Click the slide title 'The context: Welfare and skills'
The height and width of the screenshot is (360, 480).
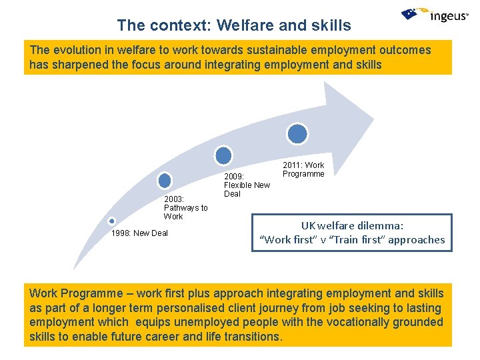tap(233, 25)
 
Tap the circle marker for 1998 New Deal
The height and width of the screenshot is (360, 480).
tap(111, 221)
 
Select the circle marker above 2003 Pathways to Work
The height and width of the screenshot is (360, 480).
tap(165, 180)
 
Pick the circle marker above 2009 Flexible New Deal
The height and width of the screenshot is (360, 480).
tap(224, 155)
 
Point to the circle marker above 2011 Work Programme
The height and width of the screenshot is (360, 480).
tap(297, 134)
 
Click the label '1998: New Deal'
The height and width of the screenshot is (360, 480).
tap(139, 233)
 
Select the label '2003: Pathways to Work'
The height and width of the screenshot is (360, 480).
tap(185, 208)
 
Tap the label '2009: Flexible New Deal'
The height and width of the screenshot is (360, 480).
tap(247, 185)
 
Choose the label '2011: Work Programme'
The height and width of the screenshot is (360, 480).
tap(303, 169)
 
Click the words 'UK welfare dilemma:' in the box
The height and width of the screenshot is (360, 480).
tap(352, 226)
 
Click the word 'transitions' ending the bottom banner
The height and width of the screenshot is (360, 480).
tap(252, 337)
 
